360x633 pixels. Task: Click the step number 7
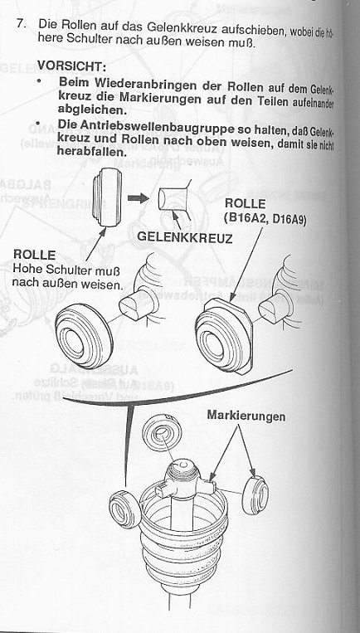pyautogui.click(x=25, y=26)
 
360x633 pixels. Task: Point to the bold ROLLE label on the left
pyautogui.click(x=34, y=255)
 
